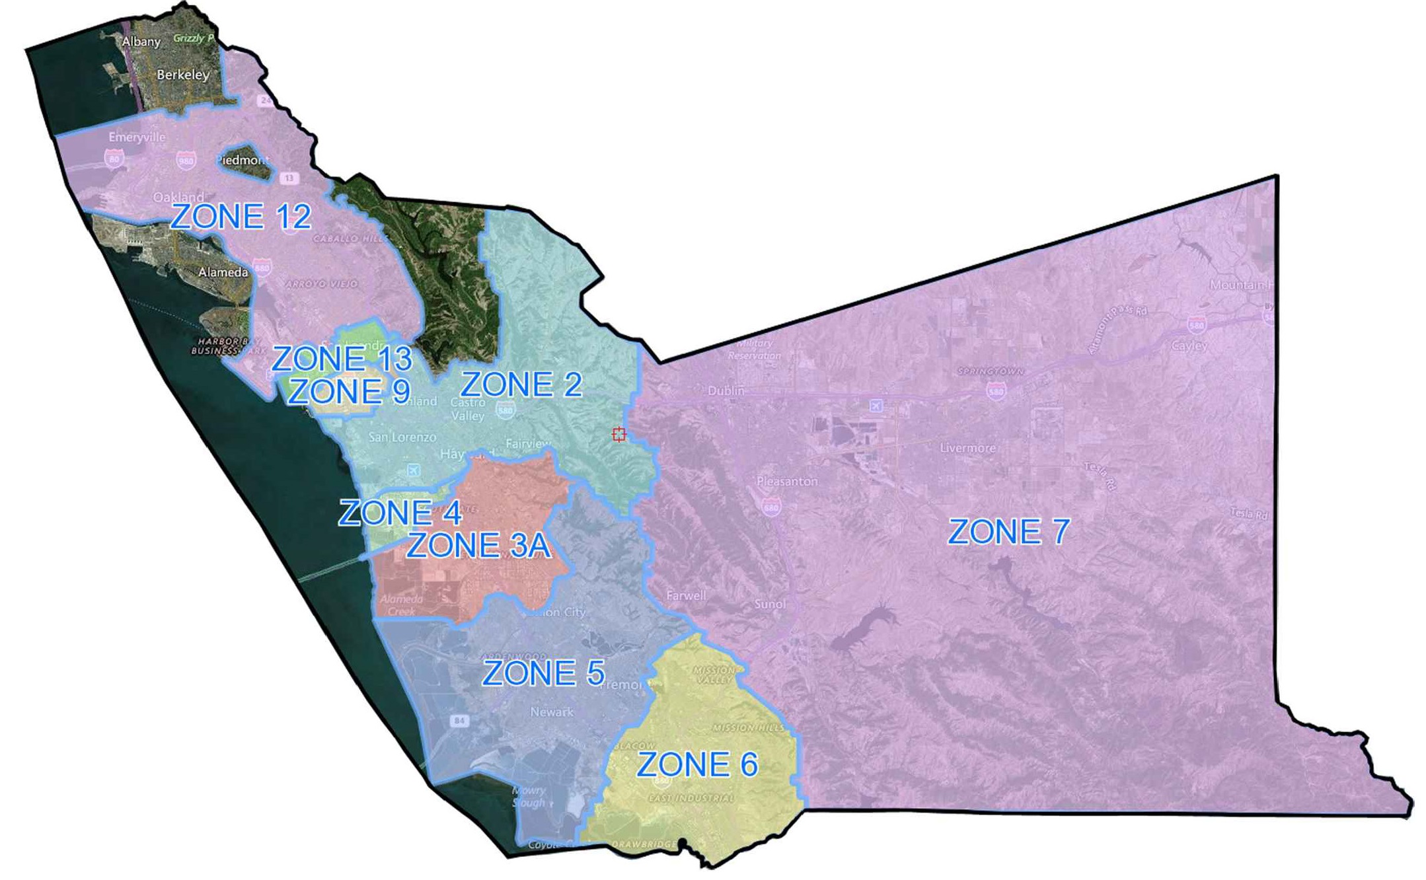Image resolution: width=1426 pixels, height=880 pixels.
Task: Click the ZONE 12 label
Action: tap(241, 217)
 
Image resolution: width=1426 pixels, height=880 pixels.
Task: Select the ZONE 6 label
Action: tap(696, 765)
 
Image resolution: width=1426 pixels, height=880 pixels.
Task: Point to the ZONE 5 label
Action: tap(543, 673)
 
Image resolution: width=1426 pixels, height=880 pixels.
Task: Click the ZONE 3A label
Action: tap(478, 546)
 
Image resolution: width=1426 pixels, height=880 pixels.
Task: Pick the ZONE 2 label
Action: tap(521, 385)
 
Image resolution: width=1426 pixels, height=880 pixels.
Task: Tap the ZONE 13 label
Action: tap(342, 359)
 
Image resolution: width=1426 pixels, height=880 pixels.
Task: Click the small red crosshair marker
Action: tap(619, 434)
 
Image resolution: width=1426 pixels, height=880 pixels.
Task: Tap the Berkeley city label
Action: tap(183, 75)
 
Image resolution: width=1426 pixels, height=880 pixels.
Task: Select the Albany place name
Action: tap(141, 42)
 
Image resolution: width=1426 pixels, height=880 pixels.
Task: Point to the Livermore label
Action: tap(967, 448)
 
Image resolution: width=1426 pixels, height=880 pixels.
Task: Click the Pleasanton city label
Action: tap(787, 482)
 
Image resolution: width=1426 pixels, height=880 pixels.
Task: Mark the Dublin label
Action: tap(726, 391)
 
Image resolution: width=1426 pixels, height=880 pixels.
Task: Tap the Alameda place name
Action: tap(223, 272)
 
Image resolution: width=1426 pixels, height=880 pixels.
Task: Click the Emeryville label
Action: tap(137, 137)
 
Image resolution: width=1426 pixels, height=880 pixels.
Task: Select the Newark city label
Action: tap(552, 712)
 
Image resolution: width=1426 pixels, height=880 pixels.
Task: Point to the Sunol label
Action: tap(770, 604)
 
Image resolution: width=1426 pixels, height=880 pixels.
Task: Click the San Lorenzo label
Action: tap(402, 437)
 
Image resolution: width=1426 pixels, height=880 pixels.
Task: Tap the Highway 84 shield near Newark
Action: tap(459, 721)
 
